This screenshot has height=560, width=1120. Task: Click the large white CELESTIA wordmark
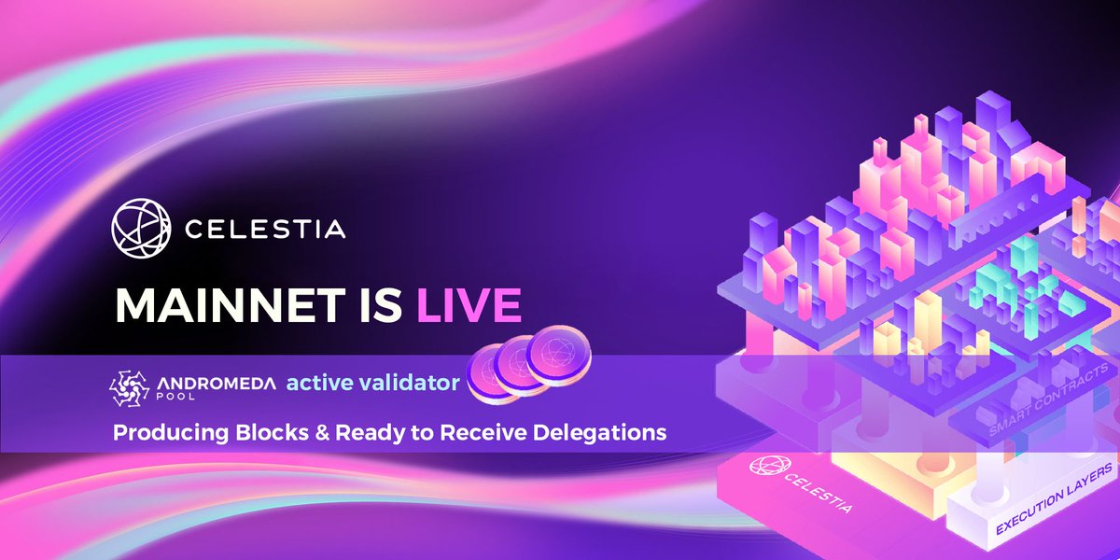[x=265, y=228]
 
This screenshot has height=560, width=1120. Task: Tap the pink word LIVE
[x=468, y=305]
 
